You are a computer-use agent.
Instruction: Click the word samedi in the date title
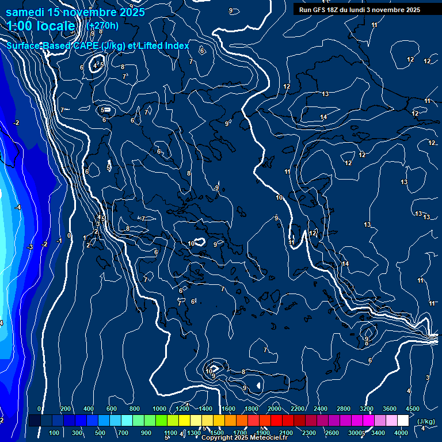click(x=28, y=12)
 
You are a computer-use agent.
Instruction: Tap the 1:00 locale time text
click(x=41, y=26)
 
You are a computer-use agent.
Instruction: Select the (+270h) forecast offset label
click(x=102, y=25)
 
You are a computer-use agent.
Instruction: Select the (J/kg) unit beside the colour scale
click(x=425, y=421)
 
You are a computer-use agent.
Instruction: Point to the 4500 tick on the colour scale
click(x=413, y=409)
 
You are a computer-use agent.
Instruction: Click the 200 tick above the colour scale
click(x=66, y=409)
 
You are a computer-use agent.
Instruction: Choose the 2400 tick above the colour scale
click(x=321, y=409)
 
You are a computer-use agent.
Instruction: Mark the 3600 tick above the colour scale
click(x=390, y=409)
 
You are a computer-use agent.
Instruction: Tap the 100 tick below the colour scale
click(x=55, y=433)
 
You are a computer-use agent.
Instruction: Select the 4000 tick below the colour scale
click(x=401, y=433)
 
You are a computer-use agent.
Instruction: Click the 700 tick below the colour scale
click(x=124, y=433)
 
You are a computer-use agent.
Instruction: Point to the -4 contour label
click(x=18, y=207)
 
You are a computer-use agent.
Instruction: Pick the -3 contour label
click(x=30, y=247)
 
